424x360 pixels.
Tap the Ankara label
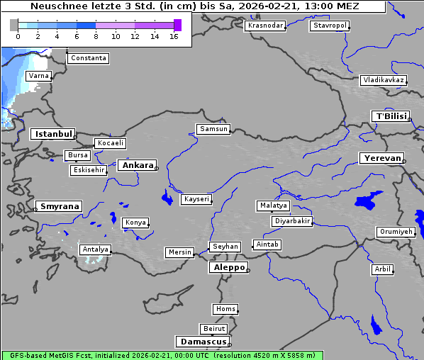(x=136, y=165)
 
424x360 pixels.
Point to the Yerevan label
(x=381, y=158)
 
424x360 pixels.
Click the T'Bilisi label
(x=390, y=116)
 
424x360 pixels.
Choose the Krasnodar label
(x=265, y=26)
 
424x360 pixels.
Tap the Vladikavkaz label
(x=383, y=80)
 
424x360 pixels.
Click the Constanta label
(x=89, y=58)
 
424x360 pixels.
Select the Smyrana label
(x=60, y=206)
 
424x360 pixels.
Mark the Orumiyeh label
(x=395, y=232)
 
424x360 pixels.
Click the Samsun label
(x=213, y=129)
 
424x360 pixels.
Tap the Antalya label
(x=95, y=249)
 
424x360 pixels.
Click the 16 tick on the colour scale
(x=174, y=36)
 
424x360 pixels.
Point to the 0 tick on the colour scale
(x=18, y=36)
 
